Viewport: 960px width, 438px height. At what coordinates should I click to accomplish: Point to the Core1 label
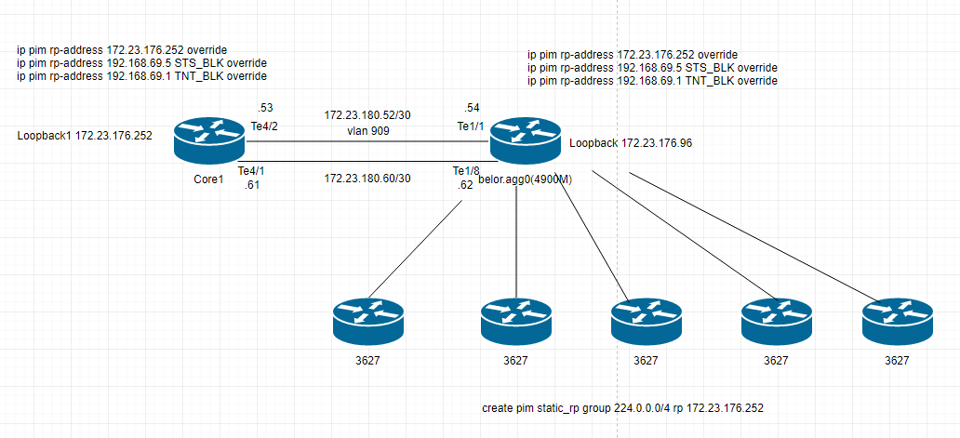209,179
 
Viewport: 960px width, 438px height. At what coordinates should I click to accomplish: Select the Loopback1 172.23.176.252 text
86,136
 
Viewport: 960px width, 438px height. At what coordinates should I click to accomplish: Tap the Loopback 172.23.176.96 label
629,143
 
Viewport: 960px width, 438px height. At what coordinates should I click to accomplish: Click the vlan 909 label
367,131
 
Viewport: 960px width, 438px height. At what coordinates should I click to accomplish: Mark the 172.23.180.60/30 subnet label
367,178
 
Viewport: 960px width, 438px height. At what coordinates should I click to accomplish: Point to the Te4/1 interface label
252,171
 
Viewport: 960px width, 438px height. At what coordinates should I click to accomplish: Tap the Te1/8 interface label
466,171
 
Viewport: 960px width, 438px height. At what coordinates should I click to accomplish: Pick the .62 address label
466,185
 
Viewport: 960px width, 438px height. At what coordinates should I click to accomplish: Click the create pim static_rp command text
623,409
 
